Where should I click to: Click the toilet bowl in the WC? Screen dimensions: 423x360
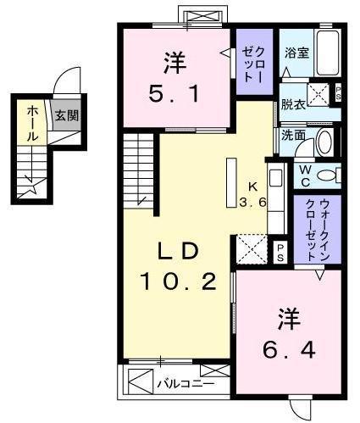(330, 176)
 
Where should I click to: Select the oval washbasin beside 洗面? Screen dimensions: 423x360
(324, 143)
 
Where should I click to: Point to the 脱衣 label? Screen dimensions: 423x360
(292, 106)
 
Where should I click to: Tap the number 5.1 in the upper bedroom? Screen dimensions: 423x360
(176, 94)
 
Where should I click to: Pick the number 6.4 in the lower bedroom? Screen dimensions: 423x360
(287, 350)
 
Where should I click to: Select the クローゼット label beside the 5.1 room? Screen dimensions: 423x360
(252, 62)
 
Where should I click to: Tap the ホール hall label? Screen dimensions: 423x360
(31, 124)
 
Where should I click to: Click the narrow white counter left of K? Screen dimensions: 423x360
(230, 181)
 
